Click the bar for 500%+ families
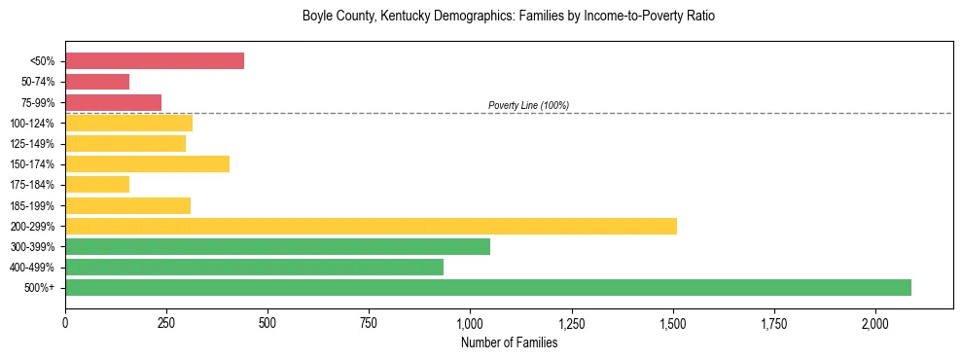[x=488, y=287]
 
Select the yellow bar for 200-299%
[x=371, y=226]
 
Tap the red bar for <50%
[x=155, y=60]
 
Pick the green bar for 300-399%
[x=277, y=246]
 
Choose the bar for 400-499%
[x=254, y=267]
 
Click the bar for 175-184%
[x=97, y=184]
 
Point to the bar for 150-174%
[x=147, y=163]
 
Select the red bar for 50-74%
[x=97, y=81]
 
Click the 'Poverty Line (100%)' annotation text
[x=528, y=105]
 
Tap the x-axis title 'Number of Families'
[x=509, y=342]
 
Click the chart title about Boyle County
[x=509, y=17]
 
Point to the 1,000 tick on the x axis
[x=470, y=322]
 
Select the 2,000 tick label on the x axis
[x=875, y=322]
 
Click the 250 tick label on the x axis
[x=166, y=322]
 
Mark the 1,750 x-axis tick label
[x=774, y=322]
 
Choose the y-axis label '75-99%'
[x=38, y=102]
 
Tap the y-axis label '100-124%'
[x=34, y=123]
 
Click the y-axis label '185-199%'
[x=34, y=205]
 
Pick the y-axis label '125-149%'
[x=34, y=143]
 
